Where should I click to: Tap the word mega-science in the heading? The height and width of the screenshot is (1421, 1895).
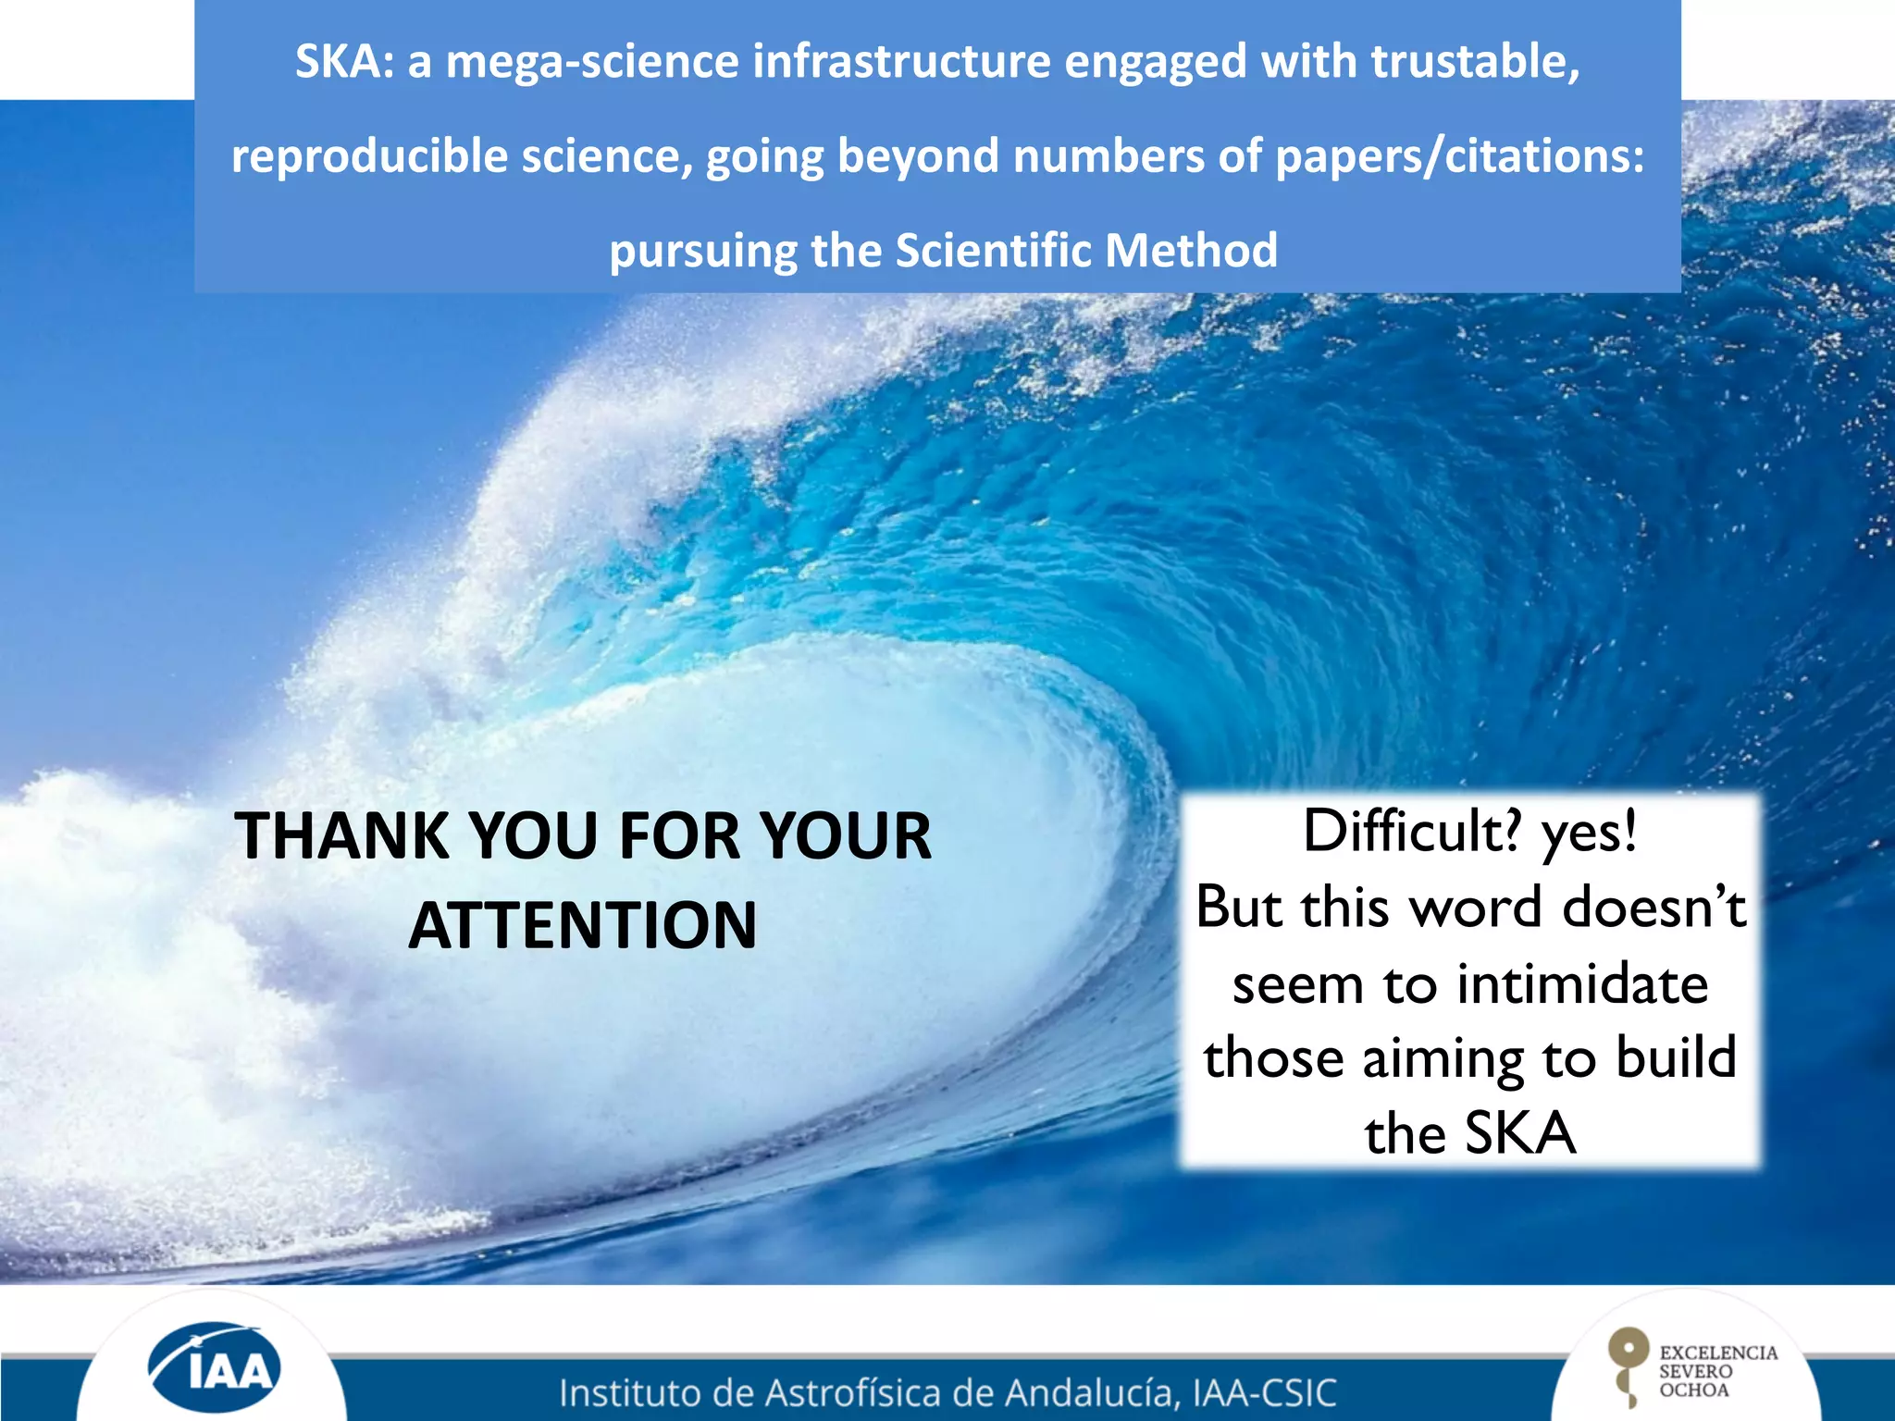point(592,63)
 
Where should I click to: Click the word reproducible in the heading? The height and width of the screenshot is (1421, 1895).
point(370,155)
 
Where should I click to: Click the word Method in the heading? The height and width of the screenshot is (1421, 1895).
point(1191,250)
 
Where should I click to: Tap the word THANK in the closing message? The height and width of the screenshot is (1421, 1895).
point(342,836)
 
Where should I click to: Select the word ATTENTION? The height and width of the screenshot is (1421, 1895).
point(583,925)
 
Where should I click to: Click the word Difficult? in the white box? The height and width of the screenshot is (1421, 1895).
point(1411,831)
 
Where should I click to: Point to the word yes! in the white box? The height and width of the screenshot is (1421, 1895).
point(1590,831)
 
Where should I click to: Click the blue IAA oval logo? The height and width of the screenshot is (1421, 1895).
point(216,1366)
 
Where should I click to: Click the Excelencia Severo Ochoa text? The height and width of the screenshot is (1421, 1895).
point(1717,1371)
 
